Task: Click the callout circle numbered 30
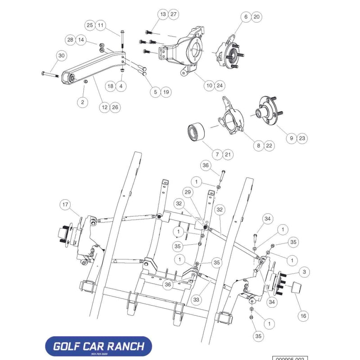click(62, 55)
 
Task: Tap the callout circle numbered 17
click(66, 205)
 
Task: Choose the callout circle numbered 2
click(82, 102)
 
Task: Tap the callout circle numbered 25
click(90, 25)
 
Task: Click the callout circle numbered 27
click(173, 14)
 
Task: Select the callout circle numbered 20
click(256, 17)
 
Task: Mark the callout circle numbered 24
click(219, 85)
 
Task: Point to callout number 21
click(228, 155)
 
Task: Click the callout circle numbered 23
click(302, 138)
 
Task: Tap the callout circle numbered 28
click(70, 40)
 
